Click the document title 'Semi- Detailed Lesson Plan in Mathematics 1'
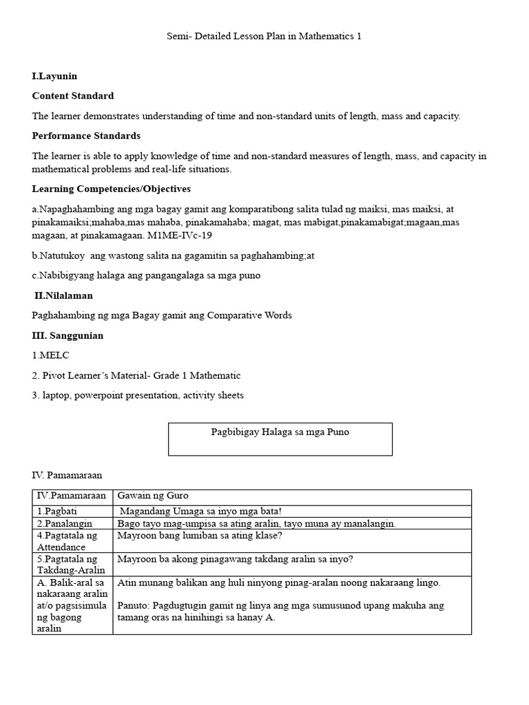point(264,36)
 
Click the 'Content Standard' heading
point(73,96)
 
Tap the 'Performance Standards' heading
point(86,136)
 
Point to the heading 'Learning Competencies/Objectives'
point(112,189)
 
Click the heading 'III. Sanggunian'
point(68,335)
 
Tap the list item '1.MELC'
point(51,355)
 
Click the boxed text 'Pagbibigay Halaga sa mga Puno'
point(280,432)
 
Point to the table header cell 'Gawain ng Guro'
point(153,496)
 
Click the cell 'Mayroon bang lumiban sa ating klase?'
point(200,535)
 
